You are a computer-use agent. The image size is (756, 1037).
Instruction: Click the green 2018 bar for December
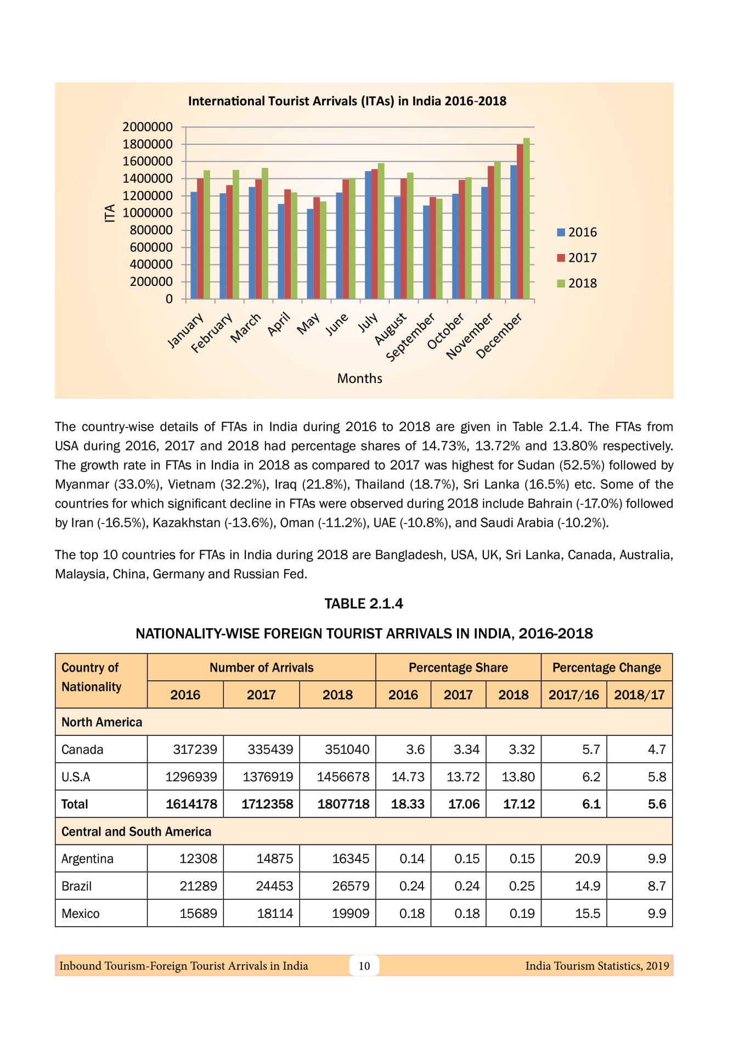(x=527, y=219)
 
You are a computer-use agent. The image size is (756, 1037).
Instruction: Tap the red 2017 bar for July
(x=375, y=235)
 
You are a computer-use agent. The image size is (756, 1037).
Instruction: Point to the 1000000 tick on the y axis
(x=147, y=213)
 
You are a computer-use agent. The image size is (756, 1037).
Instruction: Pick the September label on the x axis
(x=411, y=337)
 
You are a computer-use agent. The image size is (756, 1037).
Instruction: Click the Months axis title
(x=359, y=378)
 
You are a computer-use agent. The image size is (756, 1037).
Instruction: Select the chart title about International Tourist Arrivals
(x=347, y=101)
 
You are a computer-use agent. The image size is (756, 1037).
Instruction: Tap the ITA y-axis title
(x=110, y=213)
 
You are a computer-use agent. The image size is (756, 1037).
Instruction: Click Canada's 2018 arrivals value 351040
(x=347, y=749)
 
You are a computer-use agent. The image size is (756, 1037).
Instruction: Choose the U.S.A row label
(x=76, y=777)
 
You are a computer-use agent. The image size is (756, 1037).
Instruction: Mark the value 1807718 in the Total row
(x=343, y=804)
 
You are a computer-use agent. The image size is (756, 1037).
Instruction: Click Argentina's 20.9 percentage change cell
(x=587, y=859)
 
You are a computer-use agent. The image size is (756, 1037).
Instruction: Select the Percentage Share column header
(x=458, y=668)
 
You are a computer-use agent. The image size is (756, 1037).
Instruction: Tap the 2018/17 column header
(x=639, y=695)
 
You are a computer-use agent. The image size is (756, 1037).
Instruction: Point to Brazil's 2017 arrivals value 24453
(x=274, y=886)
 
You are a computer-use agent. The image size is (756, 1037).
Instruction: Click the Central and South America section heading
(x=136, y=832)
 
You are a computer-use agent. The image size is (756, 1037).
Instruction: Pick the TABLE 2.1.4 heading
(x=364, y=604)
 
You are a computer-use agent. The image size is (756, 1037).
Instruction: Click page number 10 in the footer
(x=364, y=966)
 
